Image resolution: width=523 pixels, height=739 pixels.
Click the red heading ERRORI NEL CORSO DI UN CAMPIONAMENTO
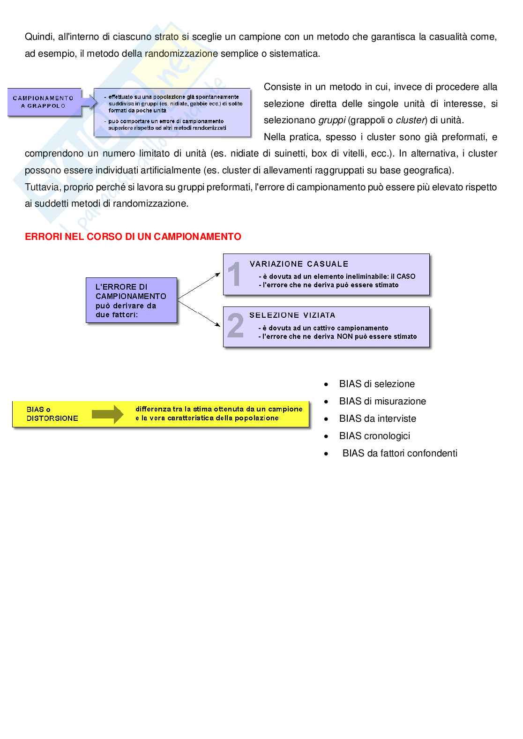133,237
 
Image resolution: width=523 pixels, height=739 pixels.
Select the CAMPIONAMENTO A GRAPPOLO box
43,102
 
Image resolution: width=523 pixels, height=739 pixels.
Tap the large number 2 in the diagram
235,326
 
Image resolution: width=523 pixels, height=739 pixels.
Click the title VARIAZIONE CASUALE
299,264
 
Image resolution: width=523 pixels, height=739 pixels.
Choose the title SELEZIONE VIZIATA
292,315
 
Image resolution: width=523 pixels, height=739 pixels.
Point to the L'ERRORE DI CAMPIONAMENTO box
131,300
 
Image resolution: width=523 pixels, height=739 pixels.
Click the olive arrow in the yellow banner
107,414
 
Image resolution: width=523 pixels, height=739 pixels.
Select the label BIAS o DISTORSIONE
52,414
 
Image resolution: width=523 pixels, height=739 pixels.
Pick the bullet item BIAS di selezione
377,384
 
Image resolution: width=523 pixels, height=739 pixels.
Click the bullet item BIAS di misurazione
382,401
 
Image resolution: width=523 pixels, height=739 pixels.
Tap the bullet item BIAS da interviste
377,418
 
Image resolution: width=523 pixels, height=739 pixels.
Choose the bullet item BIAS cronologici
374,436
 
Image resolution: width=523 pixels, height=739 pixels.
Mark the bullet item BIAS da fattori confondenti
400,453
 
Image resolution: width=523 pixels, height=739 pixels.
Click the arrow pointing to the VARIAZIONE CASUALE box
199,285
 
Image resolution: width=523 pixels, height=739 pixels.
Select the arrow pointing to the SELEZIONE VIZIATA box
199,313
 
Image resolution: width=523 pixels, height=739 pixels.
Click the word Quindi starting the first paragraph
39,37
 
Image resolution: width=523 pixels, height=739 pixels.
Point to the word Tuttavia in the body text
42,187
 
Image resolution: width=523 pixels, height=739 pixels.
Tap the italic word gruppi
332,120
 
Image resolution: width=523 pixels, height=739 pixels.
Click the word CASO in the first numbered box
406,276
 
